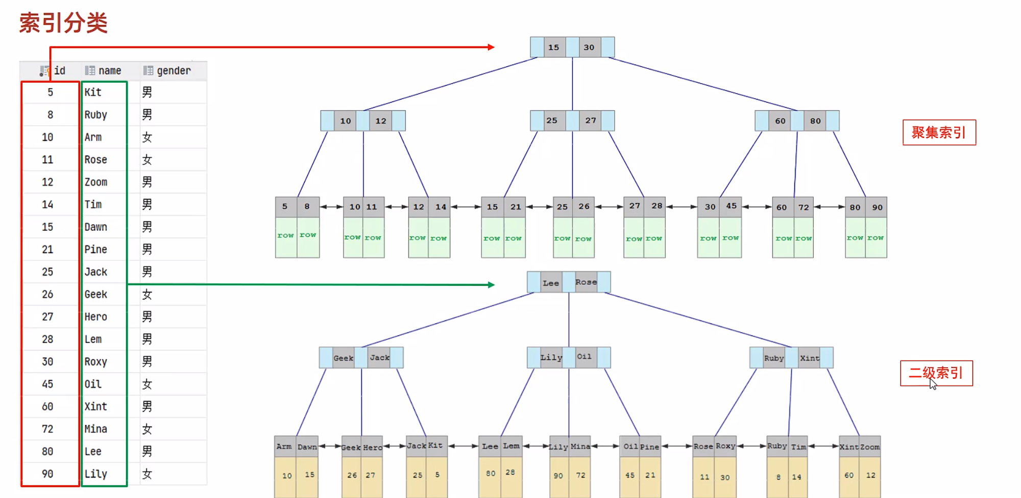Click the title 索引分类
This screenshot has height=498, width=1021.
click(x=63, y=23)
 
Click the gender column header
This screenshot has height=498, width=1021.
click(x=173, y=70)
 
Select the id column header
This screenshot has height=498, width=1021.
click(x=59, y=70)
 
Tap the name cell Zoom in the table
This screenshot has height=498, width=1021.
click(x=96, y=182)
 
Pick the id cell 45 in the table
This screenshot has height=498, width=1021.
click(x=47, y=384)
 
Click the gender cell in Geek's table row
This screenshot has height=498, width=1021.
click(x=147, y=294)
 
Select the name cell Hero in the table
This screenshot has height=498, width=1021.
click(x=96, y=317)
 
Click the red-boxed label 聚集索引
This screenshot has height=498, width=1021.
click(x=939, y=133)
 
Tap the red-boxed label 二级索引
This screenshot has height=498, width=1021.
click(x=936, y=373)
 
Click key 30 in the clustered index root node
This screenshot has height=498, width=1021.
click(x=589, y=47)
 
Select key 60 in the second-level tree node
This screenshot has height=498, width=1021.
click(x=780, y=121)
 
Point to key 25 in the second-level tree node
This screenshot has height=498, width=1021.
click(x=552, y=120)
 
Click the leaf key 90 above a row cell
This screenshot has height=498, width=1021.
click(x=877, y=207)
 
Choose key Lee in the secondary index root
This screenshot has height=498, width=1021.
click(x=551, y=283)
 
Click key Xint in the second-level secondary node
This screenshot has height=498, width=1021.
click(x=809, y=358)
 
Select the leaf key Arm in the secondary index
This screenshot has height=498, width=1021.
click(x=284, y=446)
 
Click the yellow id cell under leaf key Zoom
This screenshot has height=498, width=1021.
click(x=870, y=475)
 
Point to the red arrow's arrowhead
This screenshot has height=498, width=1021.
click(x=491, y=47)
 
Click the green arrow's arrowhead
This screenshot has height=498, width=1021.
click(x=491, y=285)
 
